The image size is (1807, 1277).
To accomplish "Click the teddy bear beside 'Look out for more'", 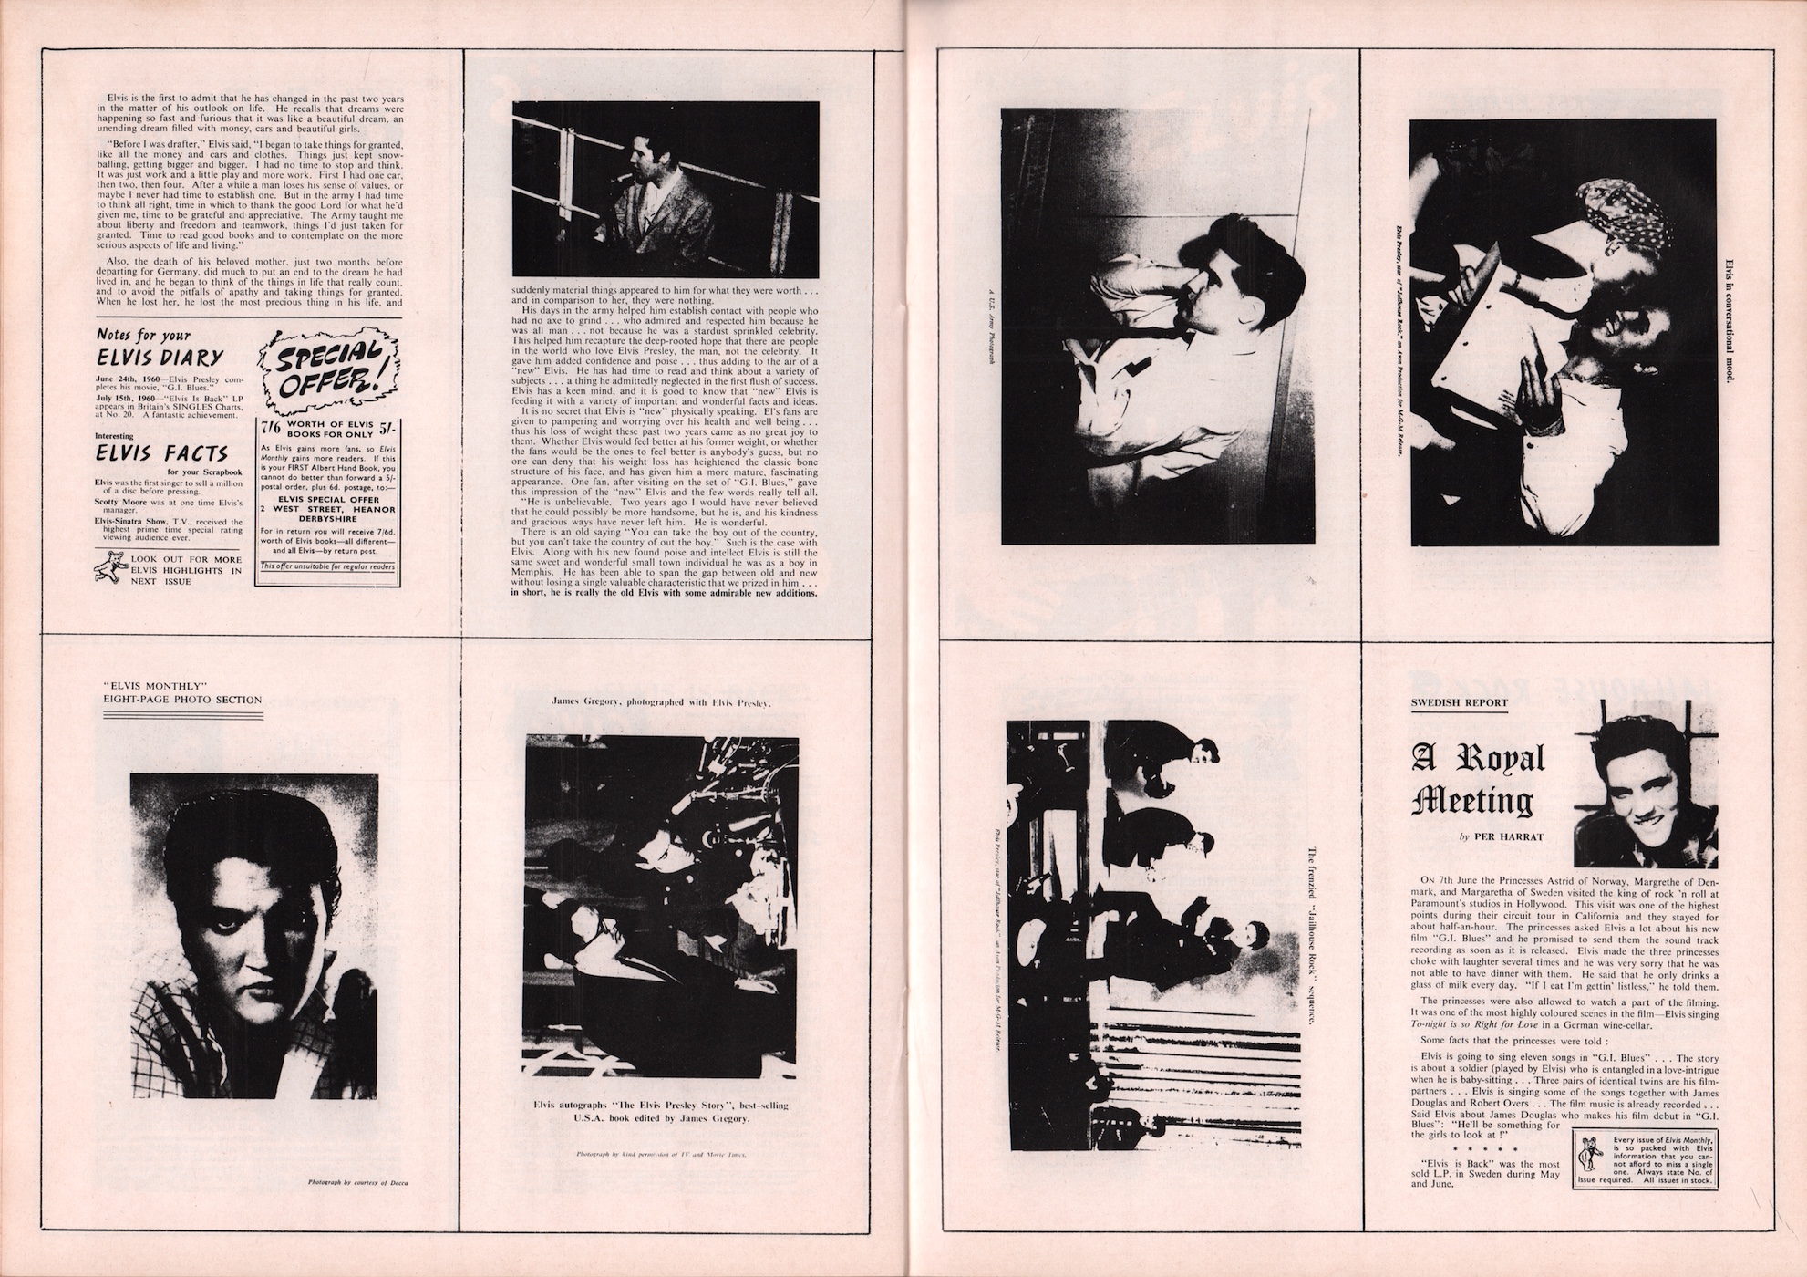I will click(109, 570).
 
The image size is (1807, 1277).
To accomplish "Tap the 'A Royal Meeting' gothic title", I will click(1478, 780).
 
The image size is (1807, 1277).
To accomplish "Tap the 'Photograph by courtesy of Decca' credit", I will click(358, 1184).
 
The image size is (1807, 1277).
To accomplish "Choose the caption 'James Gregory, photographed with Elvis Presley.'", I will click(663, 702).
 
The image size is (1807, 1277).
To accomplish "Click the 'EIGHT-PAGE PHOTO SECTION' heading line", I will click(183, 700).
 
